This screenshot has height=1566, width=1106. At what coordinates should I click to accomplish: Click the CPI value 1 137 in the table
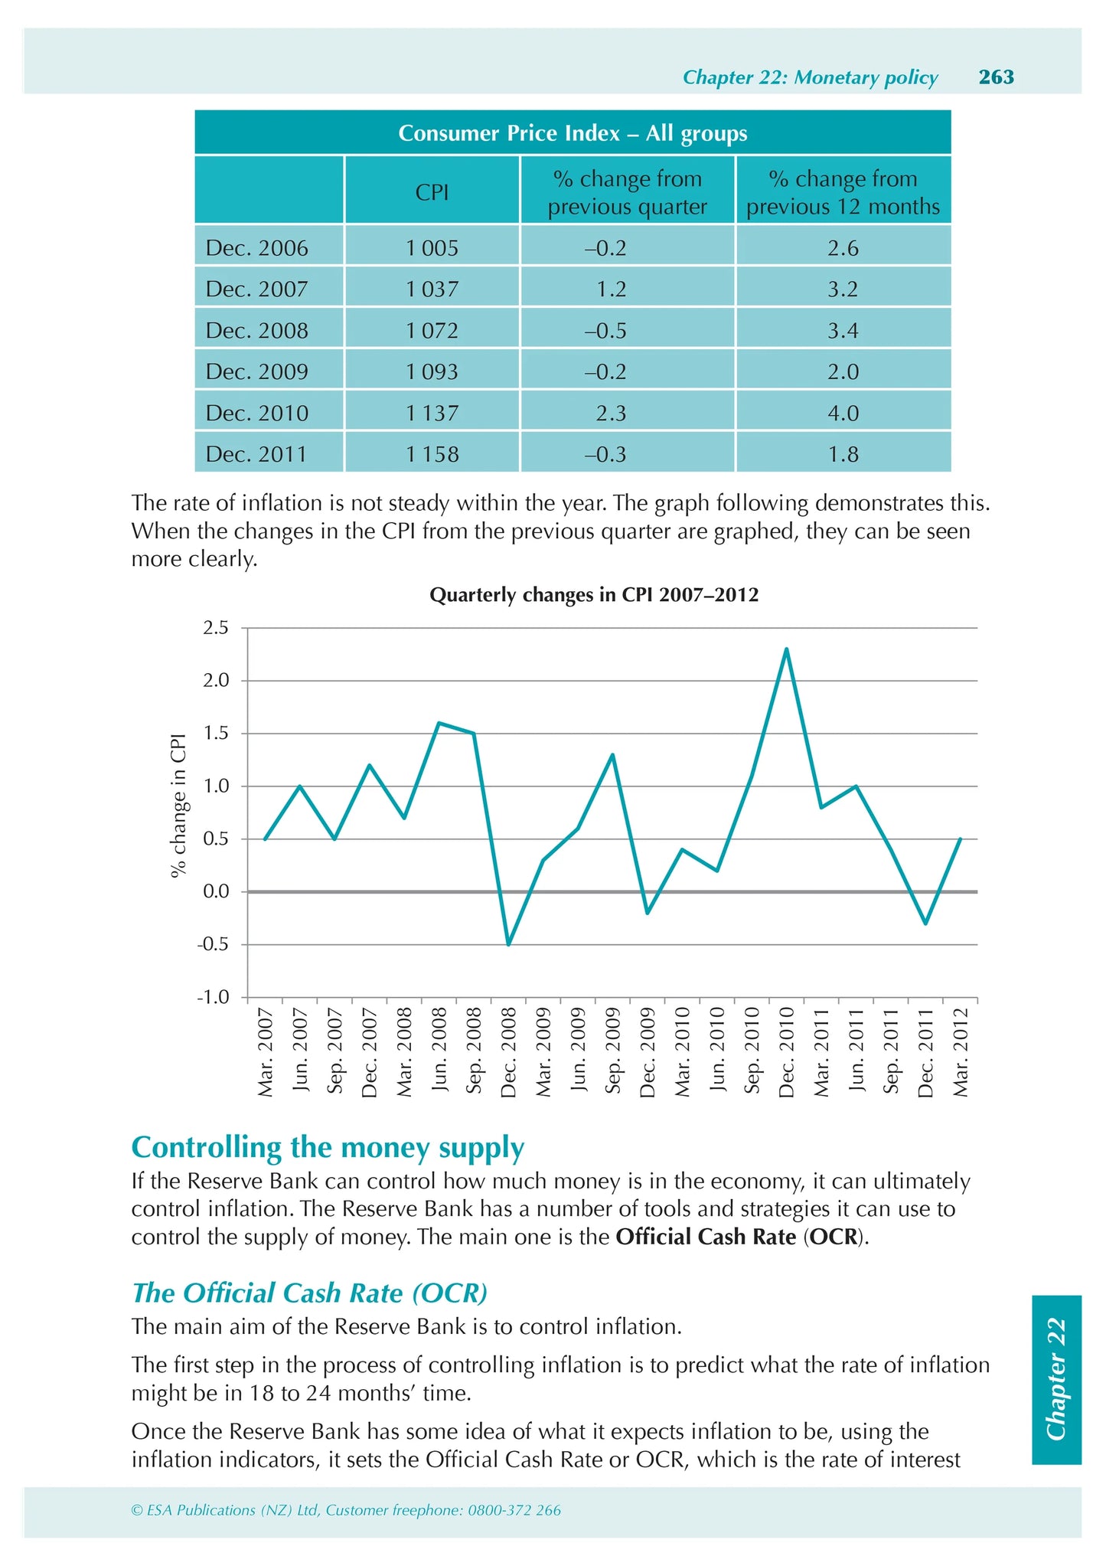pyautogui.click(x=432, y=414)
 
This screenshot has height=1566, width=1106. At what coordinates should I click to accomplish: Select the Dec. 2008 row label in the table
pyautogui.click(x=257, y=331)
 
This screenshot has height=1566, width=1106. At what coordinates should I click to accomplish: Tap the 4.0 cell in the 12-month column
pyautogui.click(x=843, y=414)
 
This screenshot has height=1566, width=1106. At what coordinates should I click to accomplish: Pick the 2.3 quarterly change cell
pyautogui.click(x=611, y=414)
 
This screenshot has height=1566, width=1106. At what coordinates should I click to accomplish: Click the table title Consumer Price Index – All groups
pyautogui.click(x=573, y=133)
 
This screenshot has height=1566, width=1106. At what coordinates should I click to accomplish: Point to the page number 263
pyautogui.click(x=996, y=77)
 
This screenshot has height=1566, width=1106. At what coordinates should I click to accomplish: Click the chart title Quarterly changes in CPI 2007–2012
pyautogui.click(x=594, y=595)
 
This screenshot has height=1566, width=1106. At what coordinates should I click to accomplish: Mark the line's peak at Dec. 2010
pyautogui.click(x=786, y=649)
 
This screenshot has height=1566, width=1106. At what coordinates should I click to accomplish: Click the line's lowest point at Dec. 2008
pyautogui.click(x=508, y=944)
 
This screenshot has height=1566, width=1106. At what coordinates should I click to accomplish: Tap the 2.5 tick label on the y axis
pyautogui.click(x=216, y=628)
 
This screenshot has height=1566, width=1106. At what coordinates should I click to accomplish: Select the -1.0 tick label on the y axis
pyautogui.click(x=214, y=997)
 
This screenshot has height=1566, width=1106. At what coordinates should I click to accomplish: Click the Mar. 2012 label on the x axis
pyautogui.click(x=961, y=1052)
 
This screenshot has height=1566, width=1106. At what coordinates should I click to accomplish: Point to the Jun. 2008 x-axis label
pyautogui.click(x=439, y=1052)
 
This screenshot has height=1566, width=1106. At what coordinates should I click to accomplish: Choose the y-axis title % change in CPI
pyautogui.click(x=178, y=804)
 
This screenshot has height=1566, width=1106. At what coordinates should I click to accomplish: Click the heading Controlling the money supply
pyautogui.click(x=328, y=1147)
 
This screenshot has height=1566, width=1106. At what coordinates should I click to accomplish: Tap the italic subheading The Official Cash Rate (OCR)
pyautogui.click(x=309, y=1293)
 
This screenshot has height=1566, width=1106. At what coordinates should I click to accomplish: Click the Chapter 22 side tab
pyautogui.click(x=1055, y=1379)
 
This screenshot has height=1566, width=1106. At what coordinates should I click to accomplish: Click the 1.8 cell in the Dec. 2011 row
pyautogui.click(x=843, y=455)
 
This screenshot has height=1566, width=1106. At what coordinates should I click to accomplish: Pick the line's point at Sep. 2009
pyautogui.click(x=612, y=755)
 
